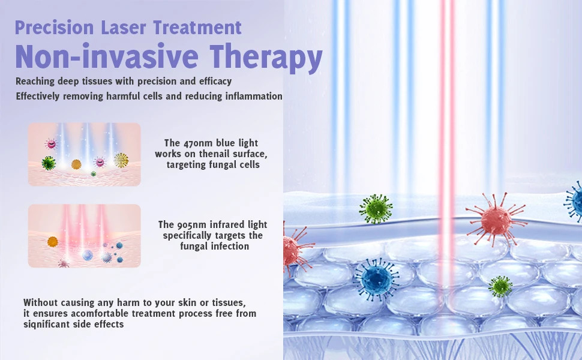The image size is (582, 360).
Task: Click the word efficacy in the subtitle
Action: point(215,81)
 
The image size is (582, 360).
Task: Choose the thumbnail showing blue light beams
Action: point(85,154)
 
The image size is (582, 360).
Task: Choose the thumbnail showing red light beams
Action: point(85,236)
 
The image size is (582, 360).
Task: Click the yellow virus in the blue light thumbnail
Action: point(121,160)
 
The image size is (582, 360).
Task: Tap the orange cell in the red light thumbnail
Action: point(53,241)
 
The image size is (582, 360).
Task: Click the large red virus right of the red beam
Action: point(496,220)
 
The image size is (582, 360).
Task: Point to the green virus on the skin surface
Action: point(376,209)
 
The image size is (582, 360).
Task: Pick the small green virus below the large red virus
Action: point(500,286)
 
